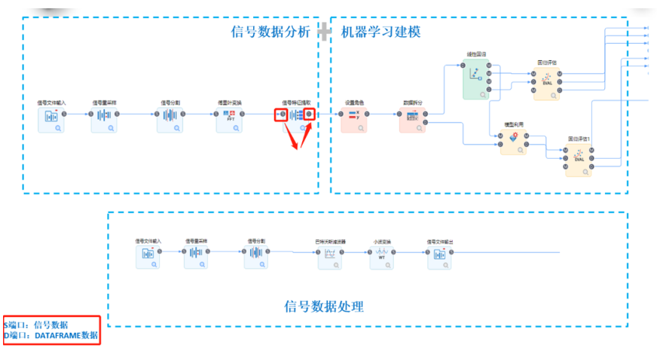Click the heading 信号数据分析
[x=270, y=32]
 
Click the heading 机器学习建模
[x=380, y=32]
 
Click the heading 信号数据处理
[x=324, y=307]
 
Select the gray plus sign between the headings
[x=325, y=32]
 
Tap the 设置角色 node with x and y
[x=353, y=118]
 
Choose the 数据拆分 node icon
[x=412, y=118]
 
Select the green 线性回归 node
[x=476, y=79]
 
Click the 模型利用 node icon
[x=514, y=140]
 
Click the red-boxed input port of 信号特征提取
[x=281, y=114]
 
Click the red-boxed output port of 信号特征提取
[x=308, y=114]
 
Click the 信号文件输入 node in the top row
[x=51, y=118]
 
